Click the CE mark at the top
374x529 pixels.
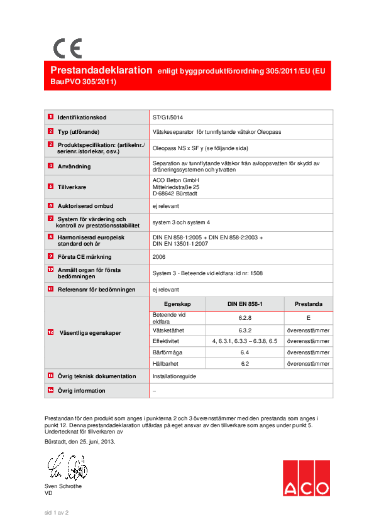[x=67, y=48]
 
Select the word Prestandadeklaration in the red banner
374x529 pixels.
[x=101, y=70]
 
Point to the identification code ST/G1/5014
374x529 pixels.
[x=168, y=117]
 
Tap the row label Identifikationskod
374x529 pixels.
[x=82, y=117]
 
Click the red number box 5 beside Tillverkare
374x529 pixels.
[x=50, y=187]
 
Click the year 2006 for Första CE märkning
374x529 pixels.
[x=159, y=256]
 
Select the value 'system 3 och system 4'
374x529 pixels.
[x=180, y=222]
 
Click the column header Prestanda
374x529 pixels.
[x=309, y=303]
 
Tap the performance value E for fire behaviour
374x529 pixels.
[x=309, y=318]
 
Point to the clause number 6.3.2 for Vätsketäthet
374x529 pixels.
[x=245, y=330]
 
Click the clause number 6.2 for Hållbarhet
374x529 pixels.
[x=245, y=363]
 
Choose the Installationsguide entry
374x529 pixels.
[x=174, y=376]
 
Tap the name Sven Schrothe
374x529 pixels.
[x=63, y=486]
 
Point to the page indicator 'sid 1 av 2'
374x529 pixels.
[x=56, y=513]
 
